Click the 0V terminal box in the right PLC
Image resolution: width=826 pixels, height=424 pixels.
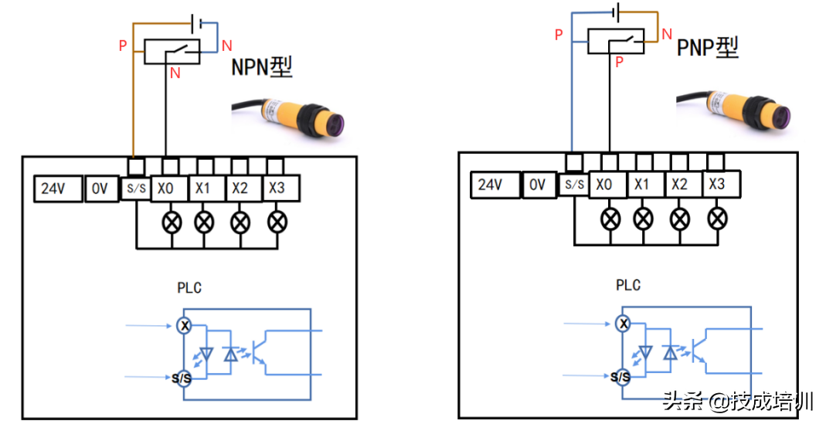click(537, 185)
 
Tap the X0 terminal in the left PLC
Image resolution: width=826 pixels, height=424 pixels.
click(167, 188)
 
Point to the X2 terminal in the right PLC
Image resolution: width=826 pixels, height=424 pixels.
click(680, 184)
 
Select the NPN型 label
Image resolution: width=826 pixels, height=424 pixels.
click(262, 68)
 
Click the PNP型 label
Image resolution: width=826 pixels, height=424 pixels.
click(708, 48)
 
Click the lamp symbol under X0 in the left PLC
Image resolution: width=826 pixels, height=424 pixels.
click(171, 222)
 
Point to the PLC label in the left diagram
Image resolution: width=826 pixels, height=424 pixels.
click(189, 288)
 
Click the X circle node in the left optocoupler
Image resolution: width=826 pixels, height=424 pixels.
click(184, 325)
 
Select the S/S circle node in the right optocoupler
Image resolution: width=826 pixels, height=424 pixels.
click(620, 377)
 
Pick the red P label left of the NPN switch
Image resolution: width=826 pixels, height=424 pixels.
click(122, 46)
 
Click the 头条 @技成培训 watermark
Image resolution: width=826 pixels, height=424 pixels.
click(738, 402)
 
